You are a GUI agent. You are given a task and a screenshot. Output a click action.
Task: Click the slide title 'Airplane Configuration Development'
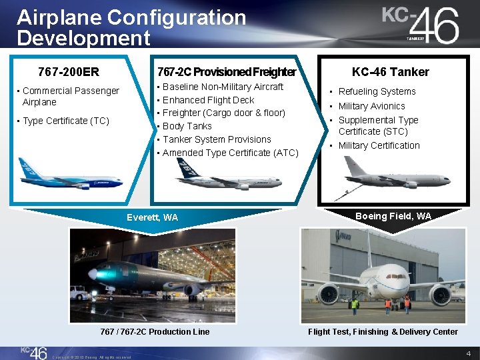(131, 27)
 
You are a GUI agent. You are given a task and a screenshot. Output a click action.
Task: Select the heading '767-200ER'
(69, 71)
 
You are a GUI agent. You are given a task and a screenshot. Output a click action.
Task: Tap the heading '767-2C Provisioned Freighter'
(226, 71)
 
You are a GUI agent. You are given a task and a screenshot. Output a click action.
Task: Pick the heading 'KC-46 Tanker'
(391, 71)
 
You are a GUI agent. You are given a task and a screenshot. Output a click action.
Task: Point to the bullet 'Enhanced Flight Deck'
(208, 100)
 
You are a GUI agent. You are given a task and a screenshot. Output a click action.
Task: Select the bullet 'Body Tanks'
(187, 126)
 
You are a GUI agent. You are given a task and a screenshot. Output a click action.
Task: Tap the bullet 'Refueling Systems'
(377, 91)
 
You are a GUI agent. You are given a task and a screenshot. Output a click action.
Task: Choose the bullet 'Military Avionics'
(371, 106)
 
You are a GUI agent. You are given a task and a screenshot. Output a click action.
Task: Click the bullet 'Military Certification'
(379, 145)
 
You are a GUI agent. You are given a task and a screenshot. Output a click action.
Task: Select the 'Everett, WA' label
(152, 217)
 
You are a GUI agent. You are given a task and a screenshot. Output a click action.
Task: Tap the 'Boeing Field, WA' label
(393, 216)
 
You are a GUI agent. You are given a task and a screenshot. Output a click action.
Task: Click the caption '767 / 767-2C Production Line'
(155, 331)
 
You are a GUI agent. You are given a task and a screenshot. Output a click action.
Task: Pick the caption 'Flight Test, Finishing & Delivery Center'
(383, 331)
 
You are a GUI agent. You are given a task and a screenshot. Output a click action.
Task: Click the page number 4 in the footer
(469, 353)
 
